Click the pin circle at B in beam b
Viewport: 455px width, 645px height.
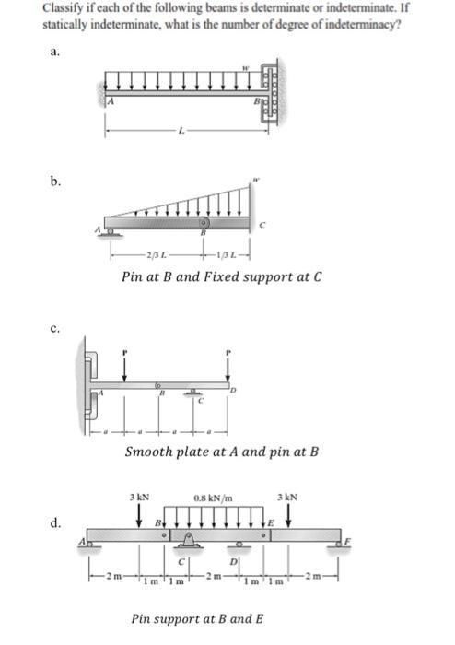(206, 222)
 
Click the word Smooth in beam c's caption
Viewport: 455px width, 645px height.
(149, 452)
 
